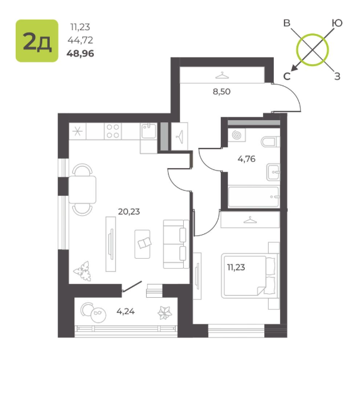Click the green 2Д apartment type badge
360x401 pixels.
[x=37, y=41]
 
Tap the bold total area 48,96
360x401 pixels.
[x=81, y=54]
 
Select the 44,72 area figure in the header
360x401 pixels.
[x=81, y=40]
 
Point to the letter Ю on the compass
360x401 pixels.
[x=337, y=23]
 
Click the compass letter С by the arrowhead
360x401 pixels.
[x=287, y=76]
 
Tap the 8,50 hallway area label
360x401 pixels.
[x=222, y=91]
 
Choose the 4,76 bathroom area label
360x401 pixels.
[x=247, y=159]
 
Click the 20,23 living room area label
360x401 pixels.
[x=129, y=212]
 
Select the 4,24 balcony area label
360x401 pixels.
[x=125, y=311]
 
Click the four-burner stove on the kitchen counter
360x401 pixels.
[x=113, y=131]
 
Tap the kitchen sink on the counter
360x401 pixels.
[x=149, y=131]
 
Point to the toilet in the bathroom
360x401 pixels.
[x=271, y=142]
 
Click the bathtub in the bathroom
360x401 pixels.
[x=254, y=196]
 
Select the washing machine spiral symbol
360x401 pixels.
[x=237, y=135]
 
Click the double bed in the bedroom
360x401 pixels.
[x=249, y=276]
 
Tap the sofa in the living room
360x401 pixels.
[x=176, y=244]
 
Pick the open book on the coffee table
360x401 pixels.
[x=145, y=243]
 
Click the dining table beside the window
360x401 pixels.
[x=82, y=189]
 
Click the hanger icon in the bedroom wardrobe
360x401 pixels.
[x=250, y=220]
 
